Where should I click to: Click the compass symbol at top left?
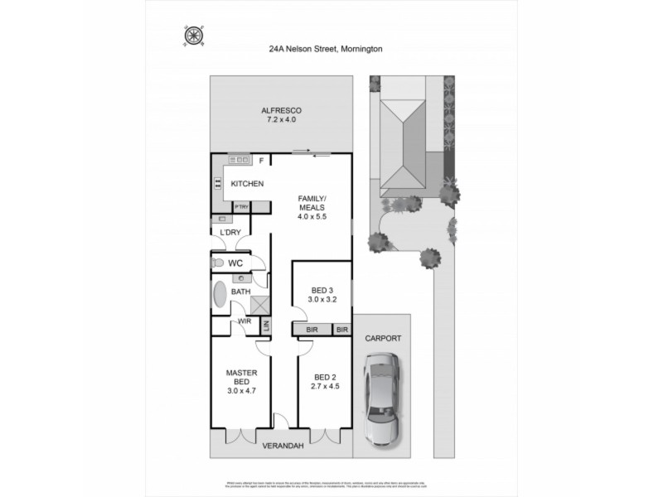[x=193, y=36]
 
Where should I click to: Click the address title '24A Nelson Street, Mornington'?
[x=325, y=49]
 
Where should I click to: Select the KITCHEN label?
[x=247, y=183]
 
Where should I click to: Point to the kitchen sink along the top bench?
[x=239, y=159]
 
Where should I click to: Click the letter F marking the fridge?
[x=261, y=160]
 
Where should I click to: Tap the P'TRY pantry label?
[x=242, y=206]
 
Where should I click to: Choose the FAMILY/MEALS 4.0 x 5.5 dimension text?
[x=313, y=217]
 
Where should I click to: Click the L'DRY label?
[x=230, y=233]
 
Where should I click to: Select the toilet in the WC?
[x=218, y=263]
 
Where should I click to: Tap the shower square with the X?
[x=260, y=304]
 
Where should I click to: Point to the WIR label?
[x=244, y=321]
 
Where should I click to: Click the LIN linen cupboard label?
[x=266, y=327]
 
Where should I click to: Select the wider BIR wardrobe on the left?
[x=312, y=329]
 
